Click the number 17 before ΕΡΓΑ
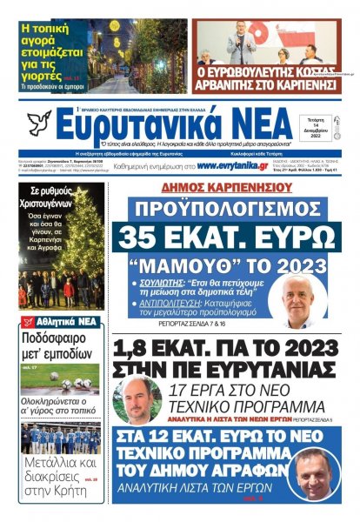coord(181,390)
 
